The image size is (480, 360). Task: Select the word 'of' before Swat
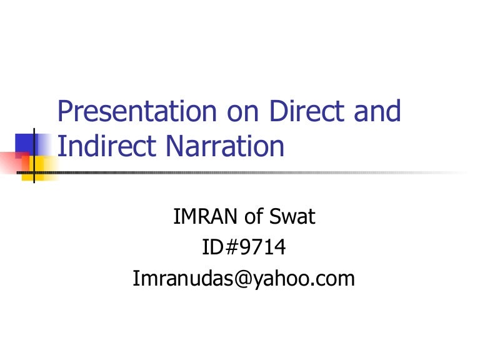tap(251, 217)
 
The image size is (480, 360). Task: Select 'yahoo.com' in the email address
tap(302, 279)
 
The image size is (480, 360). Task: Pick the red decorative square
tap(11, 161)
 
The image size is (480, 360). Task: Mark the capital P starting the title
tap(64, 112)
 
